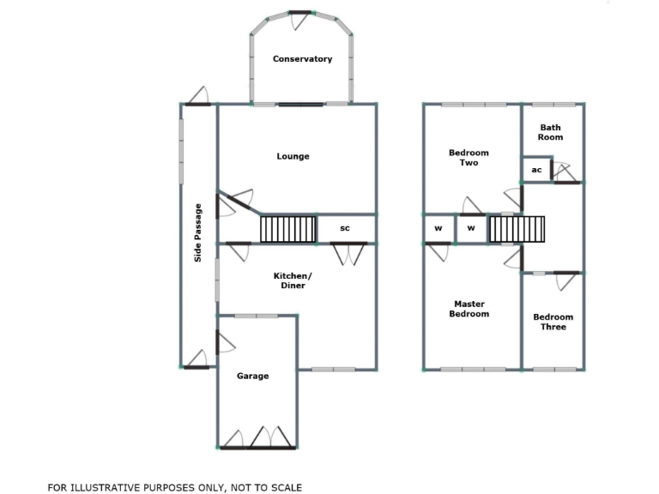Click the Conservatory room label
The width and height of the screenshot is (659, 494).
coord(302,59)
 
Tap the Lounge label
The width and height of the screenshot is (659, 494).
coord(293,156)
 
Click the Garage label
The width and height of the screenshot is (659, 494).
coord(253,376)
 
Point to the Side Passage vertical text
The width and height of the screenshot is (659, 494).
coord(198,232)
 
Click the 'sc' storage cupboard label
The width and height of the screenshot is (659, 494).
coord(345,229)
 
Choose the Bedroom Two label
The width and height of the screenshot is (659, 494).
coord(463,158)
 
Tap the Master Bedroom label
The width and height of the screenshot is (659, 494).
coord(469,309)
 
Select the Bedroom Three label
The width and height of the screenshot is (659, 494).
coord(553,322)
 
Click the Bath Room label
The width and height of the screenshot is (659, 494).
coord(550,132)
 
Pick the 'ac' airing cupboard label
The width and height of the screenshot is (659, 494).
coord(536,170)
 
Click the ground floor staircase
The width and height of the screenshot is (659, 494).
coord(288,229)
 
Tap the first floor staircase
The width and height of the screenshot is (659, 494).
coord(517,229)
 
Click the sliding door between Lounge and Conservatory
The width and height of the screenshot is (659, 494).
coord(299,105)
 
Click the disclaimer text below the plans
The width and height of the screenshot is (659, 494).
coord(175,487)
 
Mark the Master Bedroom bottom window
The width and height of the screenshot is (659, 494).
coord(473,370)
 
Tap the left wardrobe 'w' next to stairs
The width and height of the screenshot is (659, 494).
coord(438,229)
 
